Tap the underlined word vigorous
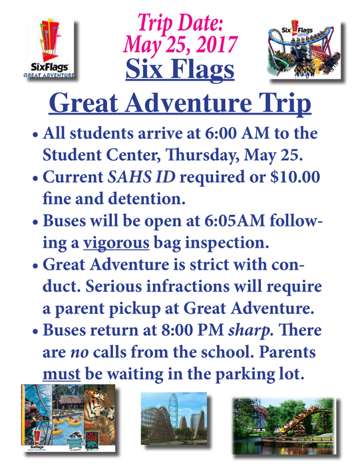point(116,243)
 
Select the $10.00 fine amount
point(295,177)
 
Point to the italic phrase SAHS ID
point(141,177)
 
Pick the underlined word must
point(61,374)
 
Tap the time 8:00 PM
point(192,330)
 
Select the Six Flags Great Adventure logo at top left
point(49,49)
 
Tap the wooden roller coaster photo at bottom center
point(174,418)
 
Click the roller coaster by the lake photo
point(284,426)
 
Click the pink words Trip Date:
point(180,23)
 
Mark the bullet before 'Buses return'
point(36,331)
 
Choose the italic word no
point(80,353)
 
